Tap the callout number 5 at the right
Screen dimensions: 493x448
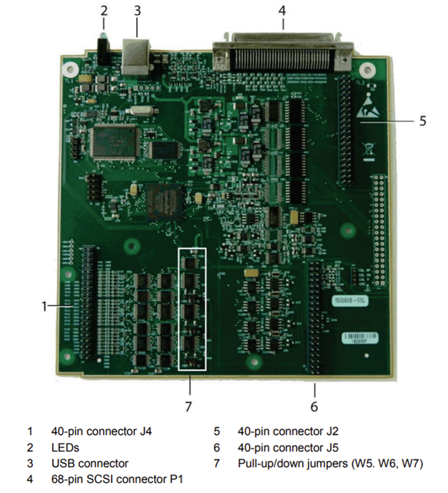click(x=422, y=120)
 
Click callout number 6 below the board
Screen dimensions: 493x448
click(x=314, y=405)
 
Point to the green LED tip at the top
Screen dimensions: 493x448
click(x=102, y=38)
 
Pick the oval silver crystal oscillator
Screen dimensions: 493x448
click(x=140, y=114)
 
